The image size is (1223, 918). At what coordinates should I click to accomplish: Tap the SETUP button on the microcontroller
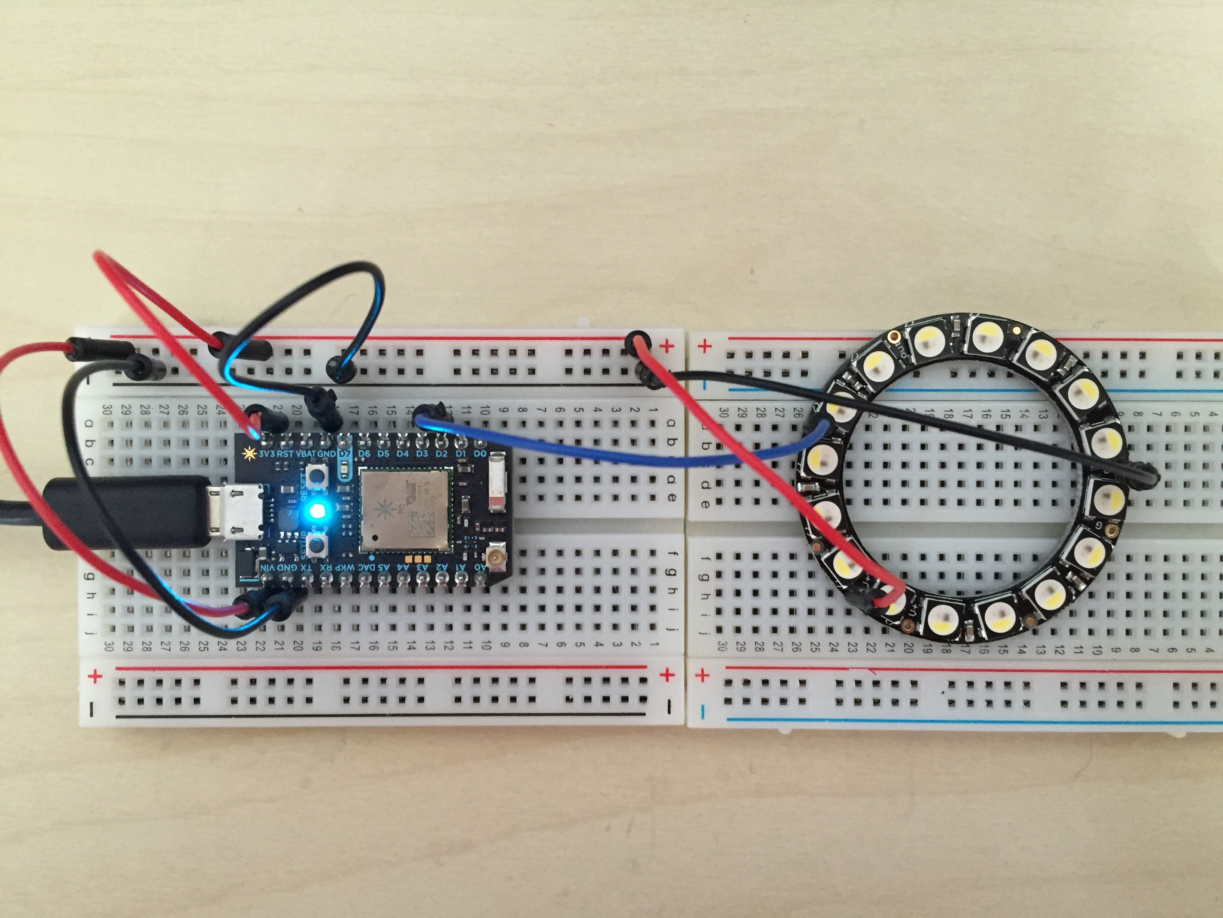[x=317, y=544]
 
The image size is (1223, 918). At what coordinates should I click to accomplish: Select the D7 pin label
[x=345, y=454]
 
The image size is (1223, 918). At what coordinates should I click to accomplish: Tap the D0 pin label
[x=480, y=454]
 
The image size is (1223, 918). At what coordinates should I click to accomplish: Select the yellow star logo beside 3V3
[x=249, y=454]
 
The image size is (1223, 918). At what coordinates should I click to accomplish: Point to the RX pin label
[x=326, y=568]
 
